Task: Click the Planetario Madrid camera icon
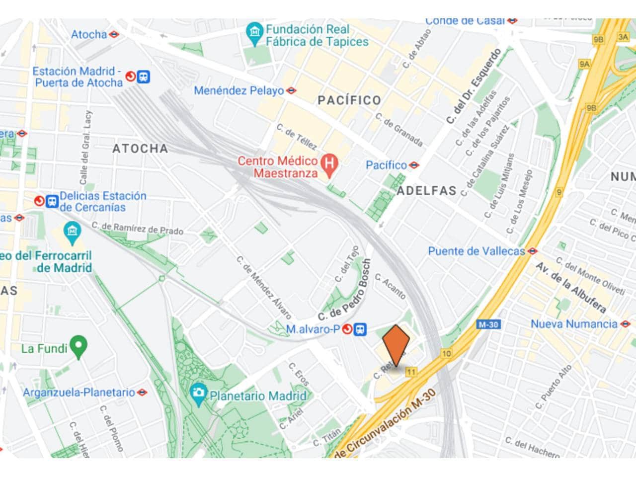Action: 199,393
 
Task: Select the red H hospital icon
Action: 329,162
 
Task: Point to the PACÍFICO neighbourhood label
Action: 349,100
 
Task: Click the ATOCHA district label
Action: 140,149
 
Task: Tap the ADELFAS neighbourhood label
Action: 426,191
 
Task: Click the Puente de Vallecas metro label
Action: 476,251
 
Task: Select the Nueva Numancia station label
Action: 574,324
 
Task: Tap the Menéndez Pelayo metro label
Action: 238,91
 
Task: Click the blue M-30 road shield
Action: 488,324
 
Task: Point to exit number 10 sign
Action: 446,354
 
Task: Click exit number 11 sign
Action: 411,372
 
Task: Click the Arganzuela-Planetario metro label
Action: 79,393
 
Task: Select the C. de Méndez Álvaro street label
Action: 263,288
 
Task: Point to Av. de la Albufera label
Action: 571,288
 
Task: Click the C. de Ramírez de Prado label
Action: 137,229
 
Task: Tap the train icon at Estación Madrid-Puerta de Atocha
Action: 144,77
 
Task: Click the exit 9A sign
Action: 584,64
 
